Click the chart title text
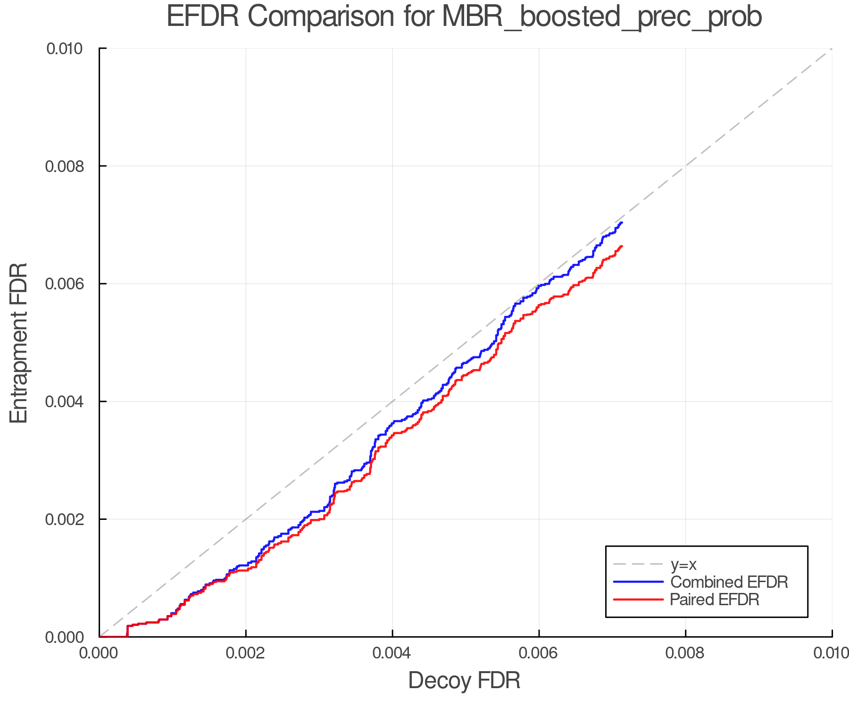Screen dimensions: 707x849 click(x=464, y=17)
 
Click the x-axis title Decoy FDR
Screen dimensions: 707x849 click(x=464, y=681)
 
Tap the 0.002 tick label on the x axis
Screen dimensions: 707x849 click(x=245, y=653)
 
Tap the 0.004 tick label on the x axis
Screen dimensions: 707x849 click(x=392, y=653)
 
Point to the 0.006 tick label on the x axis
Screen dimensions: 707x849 click(x=539, y=653)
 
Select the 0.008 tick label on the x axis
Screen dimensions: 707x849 click(x=685, y=653)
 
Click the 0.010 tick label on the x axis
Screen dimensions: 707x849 click(x=831, y=653)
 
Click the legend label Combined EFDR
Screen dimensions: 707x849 click(x=729, y=582)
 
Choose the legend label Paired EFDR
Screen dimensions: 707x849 click(x=715, y=600)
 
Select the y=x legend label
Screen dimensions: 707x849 click(x=683, y=564)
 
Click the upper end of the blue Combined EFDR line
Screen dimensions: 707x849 click(x=622, y=222)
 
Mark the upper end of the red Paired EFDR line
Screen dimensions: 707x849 click(x=622, y=246)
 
